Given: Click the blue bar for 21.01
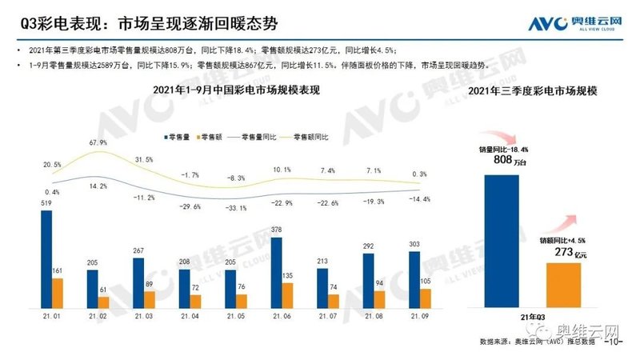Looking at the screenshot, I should [46, 259].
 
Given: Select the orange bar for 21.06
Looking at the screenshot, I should [286, 295].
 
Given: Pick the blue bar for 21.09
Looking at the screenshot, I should [413, 280].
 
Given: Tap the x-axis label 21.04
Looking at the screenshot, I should [189, 317].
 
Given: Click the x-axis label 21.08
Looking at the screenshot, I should [373, 317].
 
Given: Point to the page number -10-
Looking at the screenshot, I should [614, 342].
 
